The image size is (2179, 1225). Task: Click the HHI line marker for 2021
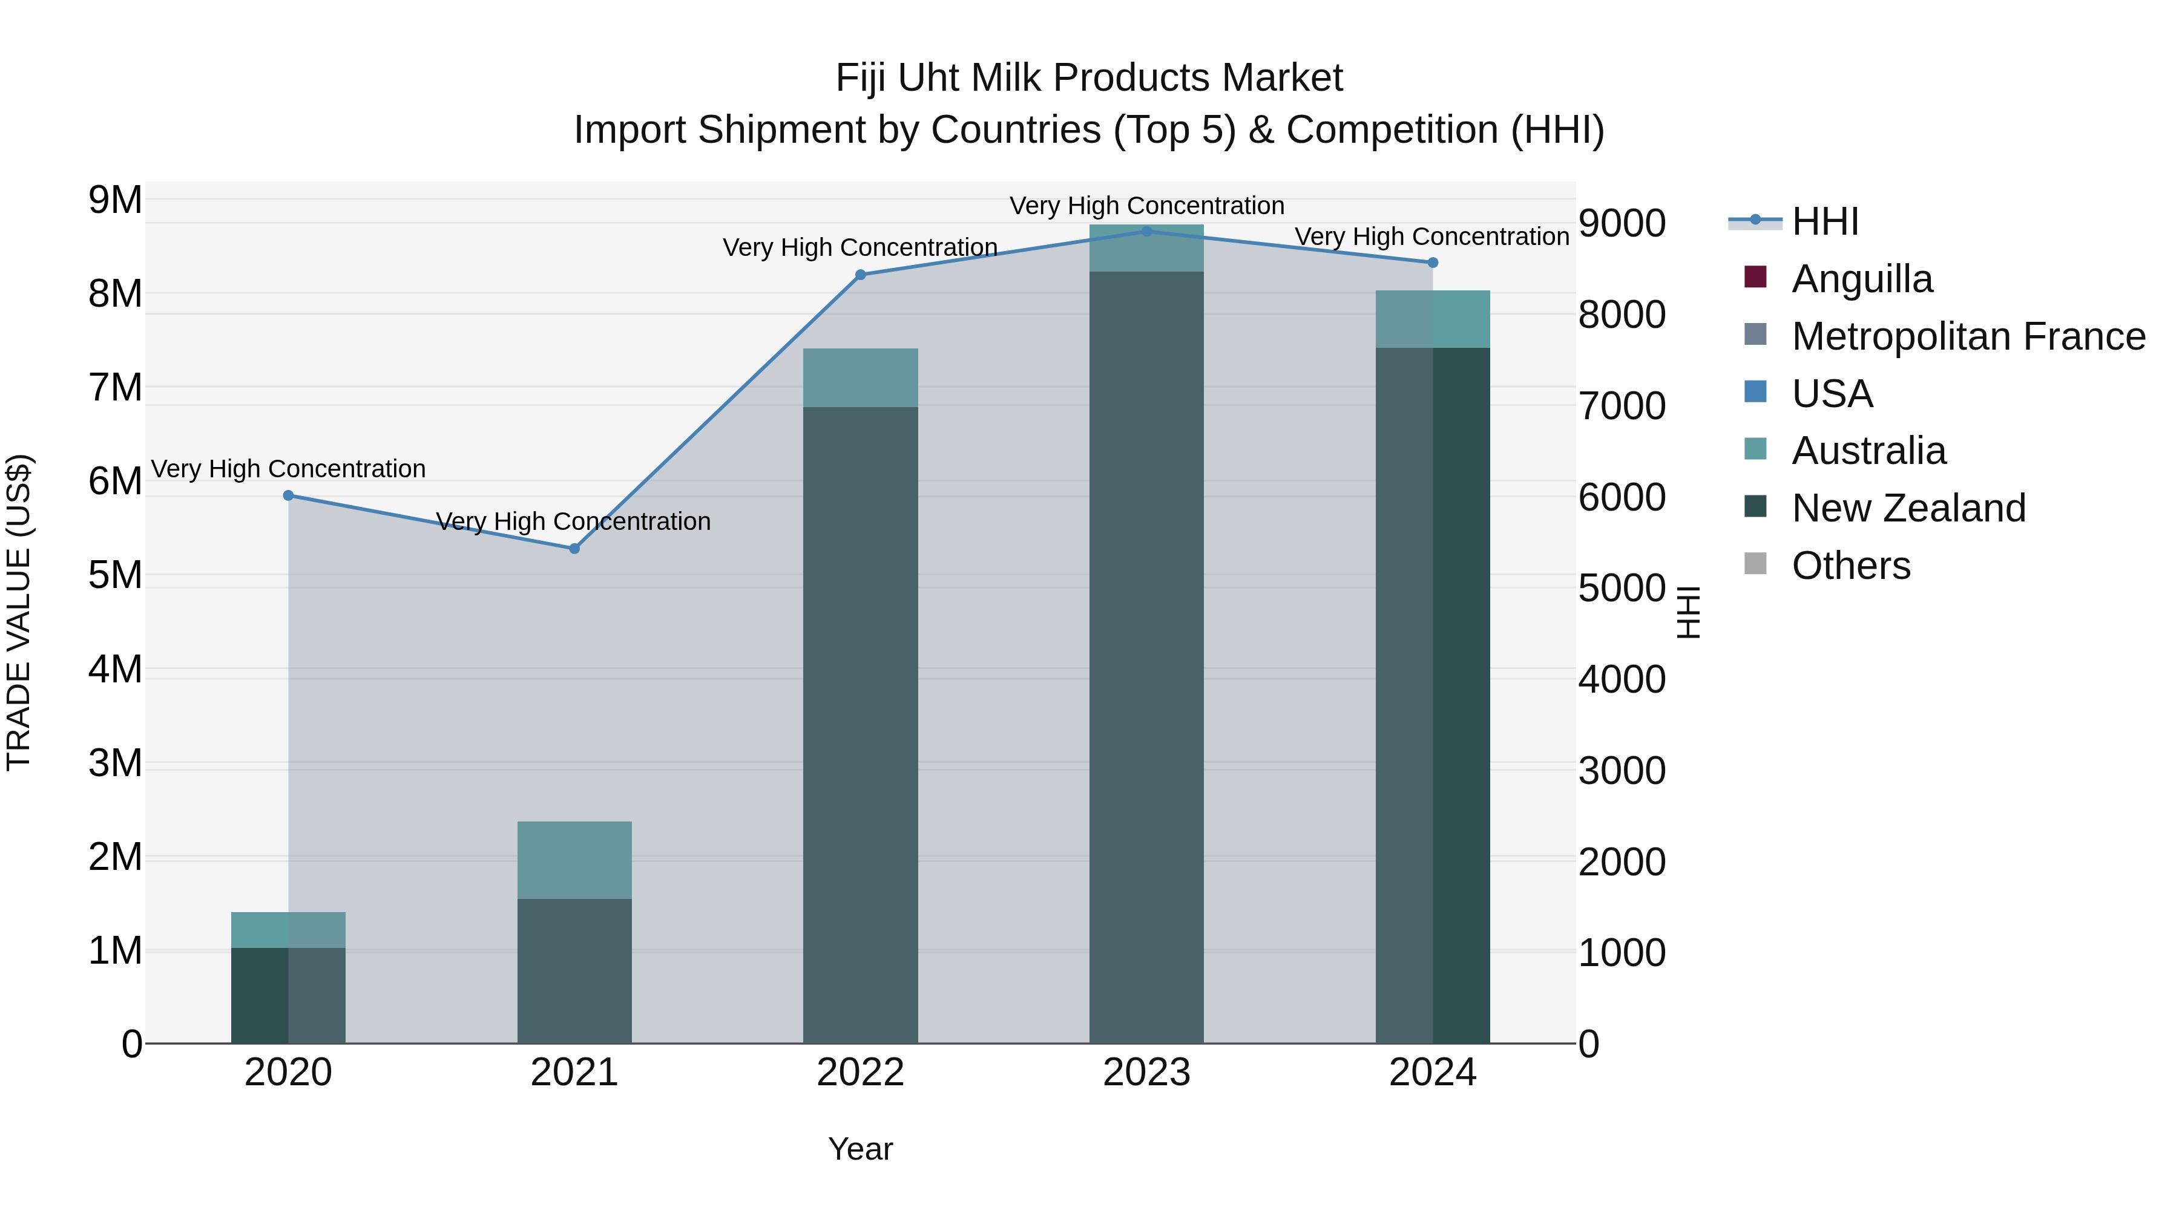click(574, 549)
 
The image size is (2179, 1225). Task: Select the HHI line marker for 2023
click(1146, 231)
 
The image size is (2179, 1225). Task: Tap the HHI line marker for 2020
click(289, 495)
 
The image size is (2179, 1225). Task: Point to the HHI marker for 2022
click(860, 275)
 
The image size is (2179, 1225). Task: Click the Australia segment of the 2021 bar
click(574, 860)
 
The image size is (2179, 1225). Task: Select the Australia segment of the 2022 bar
click(860, 378)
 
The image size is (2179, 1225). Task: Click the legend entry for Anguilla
click(1862, 279)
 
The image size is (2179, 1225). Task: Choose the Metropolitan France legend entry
click(1968, 336)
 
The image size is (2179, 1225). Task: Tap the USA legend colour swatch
click(1755, 393)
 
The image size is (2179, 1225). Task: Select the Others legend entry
click(1851, 566)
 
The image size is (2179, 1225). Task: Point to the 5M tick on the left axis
click(115, 576)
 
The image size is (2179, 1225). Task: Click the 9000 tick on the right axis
click(1622, 224)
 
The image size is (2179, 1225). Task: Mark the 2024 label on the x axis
click(1432, 1073)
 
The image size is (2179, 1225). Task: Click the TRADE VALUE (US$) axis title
click(19, 612)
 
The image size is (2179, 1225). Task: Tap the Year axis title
click(860, 1149)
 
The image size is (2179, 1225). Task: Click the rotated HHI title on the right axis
click(1688, 612)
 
